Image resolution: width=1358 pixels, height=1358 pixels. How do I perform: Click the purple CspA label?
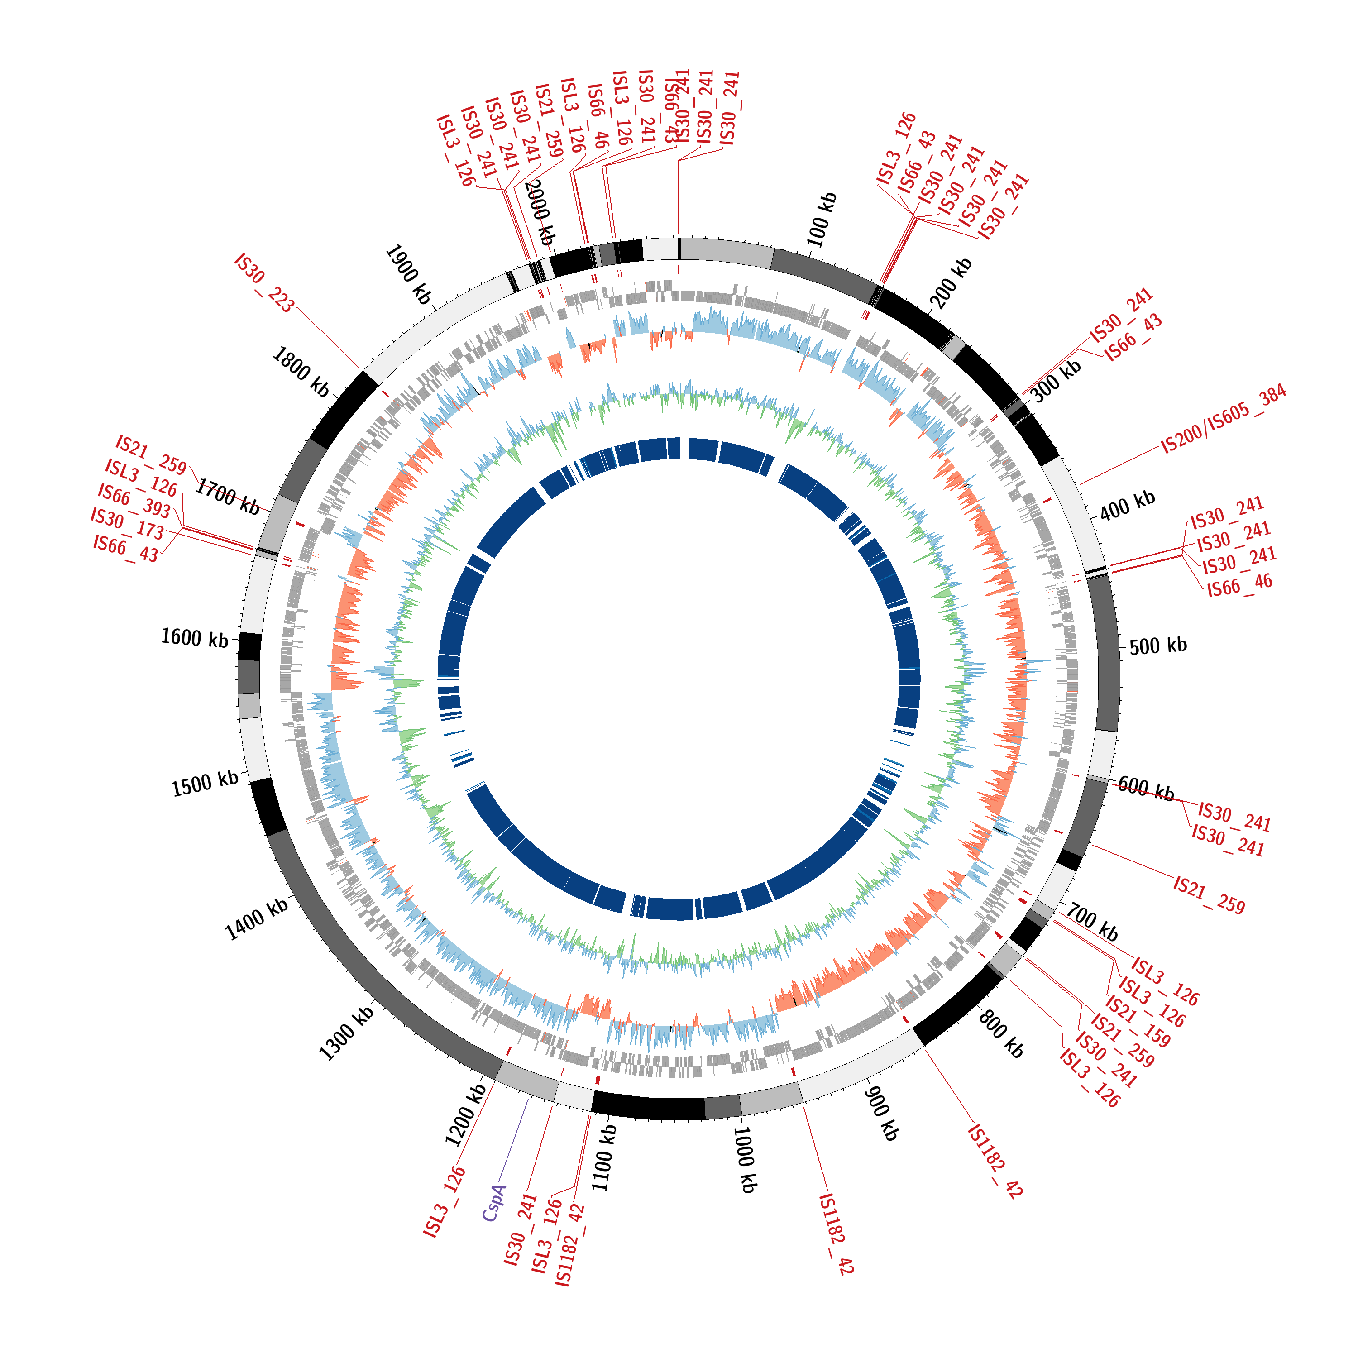coord(494,1203)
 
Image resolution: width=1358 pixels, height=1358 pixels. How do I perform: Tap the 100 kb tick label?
coord(822,219)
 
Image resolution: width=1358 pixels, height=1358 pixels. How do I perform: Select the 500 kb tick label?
coord(1157,646)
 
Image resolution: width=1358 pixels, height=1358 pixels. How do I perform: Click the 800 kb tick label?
coord(1001,1035)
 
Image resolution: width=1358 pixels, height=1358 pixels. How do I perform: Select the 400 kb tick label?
coord(1127,505)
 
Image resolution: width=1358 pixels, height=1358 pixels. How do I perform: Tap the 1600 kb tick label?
coord(195,637)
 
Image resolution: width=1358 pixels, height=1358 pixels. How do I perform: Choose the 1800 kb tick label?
coord(300,372)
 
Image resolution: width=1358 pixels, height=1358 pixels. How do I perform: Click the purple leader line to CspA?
coord(513,1139)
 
